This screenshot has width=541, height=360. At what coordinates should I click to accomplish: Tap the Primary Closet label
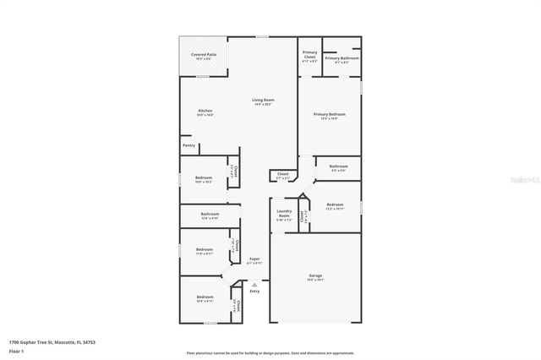(x=310, y=54)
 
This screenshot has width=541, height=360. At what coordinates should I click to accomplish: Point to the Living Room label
(x=263, y=100)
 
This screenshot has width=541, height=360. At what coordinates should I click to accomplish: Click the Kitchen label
(x=205, y=111)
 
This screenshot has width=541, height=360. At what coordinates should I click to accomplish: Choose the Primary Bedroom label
(x=330, y=114)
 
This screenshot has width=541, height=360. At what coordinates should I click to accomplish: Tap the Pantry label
(x=189, y=145)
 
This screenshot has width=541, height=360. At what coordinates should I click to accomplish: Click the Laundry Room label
(x=284, y=211)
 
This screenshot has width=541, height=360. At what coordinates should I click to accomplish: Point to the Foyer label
(x=254, y=259)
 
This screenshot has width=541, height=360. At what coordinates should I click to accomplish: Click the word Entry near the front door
(x=254, y=292)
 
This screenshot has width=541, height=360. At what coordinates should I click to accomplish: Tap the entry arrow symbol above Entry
(x=254, y=285)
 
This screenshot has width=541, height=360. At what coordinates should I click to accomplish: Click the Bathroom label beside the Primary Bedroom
(x=338, y=166)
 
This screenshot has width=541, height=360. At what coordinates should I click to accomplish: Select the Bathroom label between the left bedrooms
(x=210, y=214)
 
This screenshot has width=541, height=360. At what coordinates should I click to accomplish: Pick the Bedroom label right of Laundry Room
(x=335, y=205)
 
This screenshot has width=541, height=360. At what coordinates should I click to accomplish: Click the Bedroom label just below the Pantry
(x=204, y=177)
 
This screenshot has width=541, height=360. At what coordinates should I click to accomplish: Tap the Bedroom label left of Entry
(x=205, y=297)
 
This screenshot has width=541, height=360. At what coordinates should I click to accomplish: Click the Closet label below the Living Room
(x=283, y=174)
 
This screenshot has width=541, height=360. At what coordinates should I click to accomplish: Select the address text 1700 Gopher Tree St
(x=30, y=342)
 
